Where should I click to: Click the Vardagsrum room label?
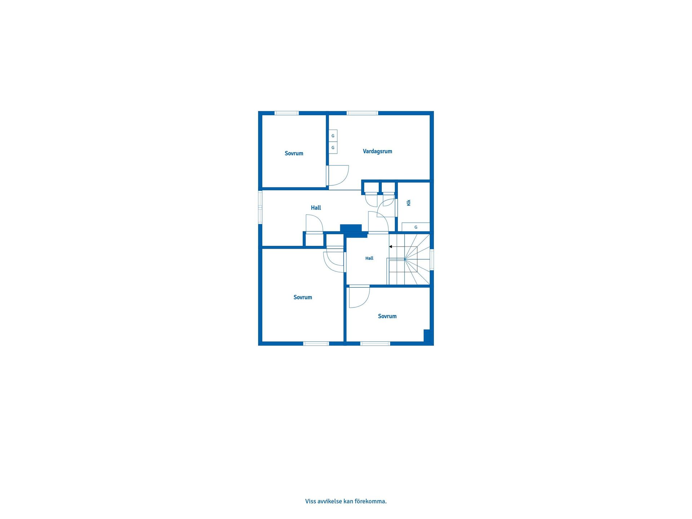click(x=377, y=151)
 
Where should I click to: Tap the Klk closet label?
click(x=409, y=203)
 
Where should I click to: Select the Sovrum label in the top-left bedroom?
click(x=294, y=154)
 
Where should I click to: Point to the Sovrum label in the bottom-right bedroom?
click(x=387, y=316)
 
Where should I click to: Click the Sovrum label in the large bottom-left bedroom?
click(x=303, y=297)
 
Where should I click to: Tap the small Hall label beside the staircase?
click(x=369, y=258)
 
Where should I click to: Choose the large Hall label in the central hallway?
click(x=316, y=208)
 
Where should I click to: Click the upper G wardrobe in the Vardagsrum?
click(x=333, y=136)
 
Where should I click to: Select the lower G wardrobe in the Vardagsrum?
click(x=333, y=148)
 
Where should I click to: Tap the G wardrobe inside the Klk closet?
click(x=416, y=227)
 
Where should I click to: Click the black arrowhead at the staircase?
click(x=391, y=247)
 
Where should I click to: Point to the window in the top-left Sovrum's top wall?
click(x=287, y=113)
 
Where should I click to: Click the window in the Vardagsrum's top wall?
click(x=362, y=113)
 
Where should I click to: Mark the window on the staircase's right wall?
click(x=432, y=259)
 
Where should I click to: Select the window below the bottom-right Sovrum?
click(x=375, y=343)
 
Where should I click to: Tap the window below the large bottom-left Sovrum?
click(x=316, y=343)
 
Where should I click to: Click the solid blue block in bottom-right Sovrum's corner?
click(x=427, y=336)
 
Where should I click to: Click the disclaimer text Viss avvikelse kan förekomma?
click(x=346, y=501)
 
